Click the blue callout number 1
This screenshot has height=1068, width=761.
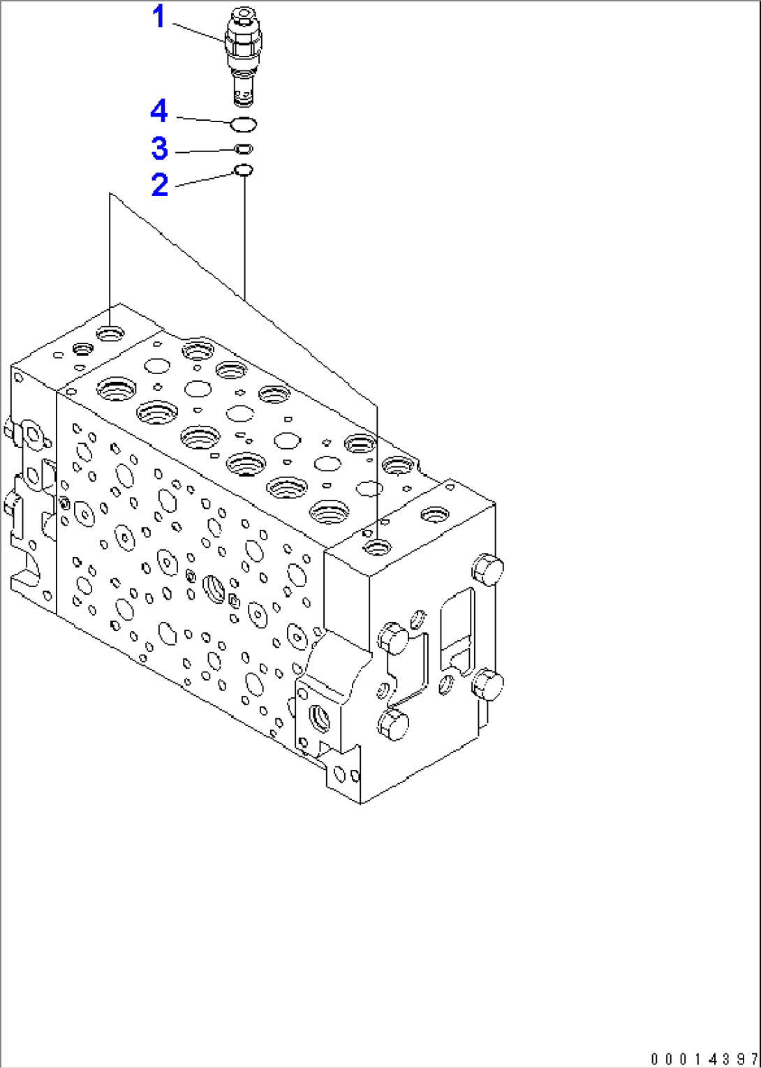159,17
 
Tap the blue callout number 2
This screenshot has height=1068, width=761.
160,185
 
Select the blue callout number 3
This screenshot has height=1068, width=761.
160,149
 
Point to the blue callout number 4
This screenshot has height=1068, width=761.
159,112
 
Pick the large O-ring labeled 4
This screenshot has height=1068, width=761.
244,125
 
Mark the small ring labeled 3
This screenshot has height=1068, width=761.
244,149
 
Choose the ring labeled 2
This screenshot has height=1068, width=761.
243,170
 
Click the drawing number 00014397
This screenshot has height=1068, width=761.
704,1059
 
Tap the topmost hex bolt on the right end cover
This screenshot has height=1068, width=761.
487,568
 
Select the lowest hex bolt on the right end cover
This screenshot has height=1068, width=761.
394,726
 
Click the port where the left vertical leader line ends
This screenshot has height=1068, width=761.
111,334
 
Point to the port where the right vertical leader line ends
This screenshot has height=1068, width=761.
378,547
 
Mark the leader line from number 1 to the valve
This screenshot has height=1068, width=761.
199,32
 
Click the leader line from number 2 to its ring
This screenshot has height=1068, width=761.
204,179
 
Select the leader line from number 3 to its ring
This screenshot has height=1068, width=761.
202,151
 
